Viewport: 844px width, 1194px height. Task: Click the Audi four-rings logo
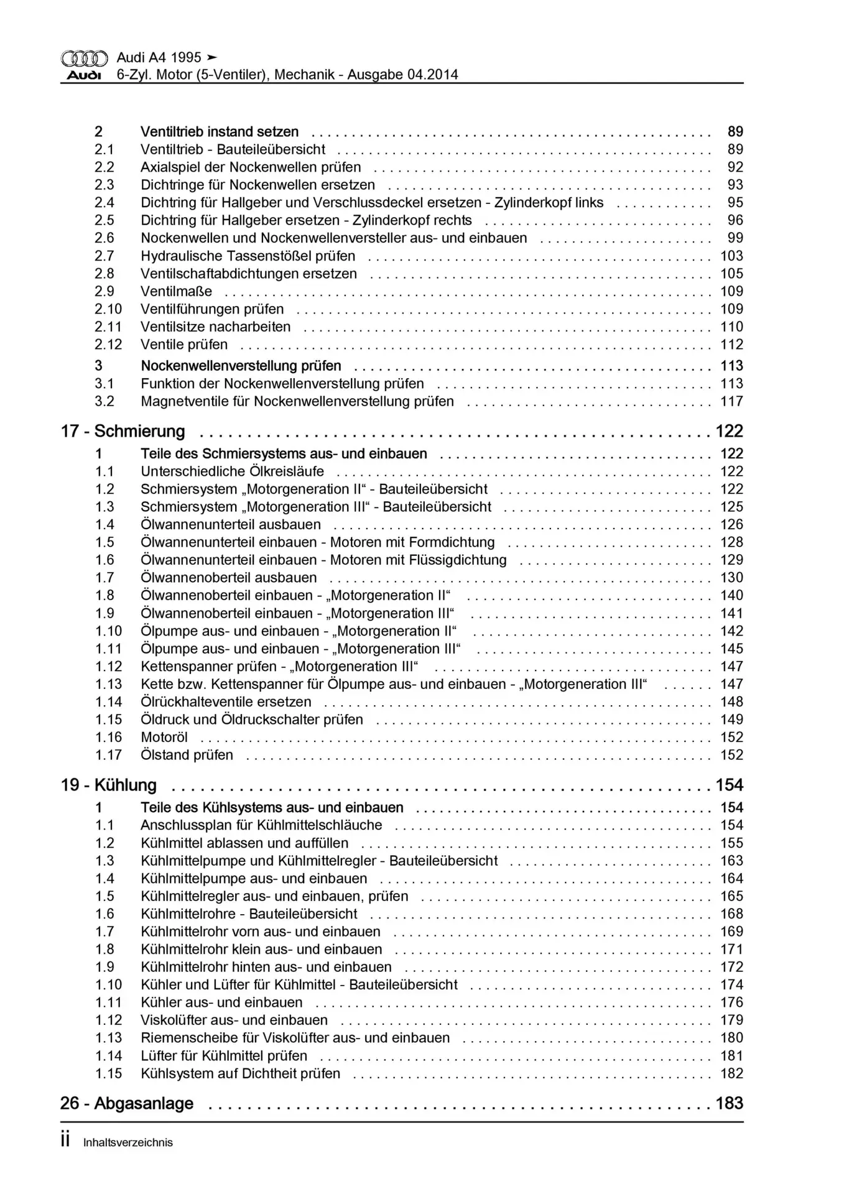[x=84, y=58]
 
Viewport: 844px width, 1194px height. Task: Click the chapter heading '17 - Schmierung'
[x=123, y=431]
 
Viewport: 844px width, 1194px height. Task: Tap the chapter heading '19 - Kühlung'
[x=109, y=785]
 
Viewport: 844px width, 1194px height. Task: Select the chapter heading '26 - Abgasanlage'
[x=127, y=1103]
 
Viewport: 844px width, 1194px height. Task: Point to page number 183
[x=730, y=1103]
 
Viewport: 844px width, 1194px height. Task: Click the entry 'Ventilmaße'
[x=176, y=291]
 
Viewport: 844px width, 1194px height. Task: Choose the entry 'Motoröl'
[x=164, y=737]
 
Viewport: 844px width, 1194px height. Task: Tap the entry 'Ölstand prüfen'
[x=187, y=755]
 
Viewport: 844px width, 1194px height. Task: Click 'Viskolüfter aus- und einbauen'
[x=234, y=1020]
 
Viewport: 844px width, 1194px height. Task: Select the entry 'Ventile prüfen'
[x=184, y=345]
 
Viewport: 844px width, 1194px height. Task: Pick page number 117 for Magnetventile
[x=731, y=401]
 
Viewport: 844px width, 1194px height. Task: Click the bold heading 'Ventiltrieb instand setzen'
[x=220, y=132]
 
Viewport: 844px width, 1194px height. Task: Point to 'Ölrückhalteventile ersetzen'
[x=226, y=701]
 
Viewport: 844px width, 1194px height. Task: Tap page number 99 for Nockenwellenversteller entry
[x=735, y=238]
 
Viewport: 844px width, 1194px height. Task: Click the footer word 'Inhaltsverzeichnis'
[x=128, y=1142]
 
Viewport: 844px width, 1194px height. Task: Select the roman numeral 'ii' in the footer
[x=65, y=1141]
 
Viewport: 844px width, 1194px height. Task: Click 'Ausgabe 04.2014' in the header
[x=402, y=75]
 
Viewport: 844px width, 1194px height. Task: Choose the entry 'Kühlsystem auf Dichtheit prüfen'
[x=240, y=1073]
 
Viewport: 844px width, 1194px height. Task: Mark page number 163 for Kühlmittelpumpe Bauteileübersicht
[x=731, y=861]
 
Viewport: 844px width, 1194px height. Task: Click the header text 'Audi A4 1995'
[x=159, y=57]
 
